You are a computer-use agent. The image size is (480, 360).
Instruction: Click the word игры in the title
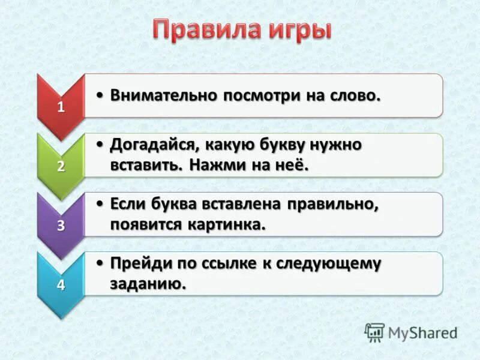[298, 31]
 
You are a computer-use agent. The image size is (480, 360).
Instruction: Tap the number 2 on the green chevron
[61, 167]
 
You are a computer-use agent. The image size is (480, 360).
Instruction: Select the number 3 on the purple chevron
[61, 226]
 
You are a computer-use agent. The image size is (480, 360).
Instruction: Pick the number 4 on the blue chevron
[61, 285]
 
